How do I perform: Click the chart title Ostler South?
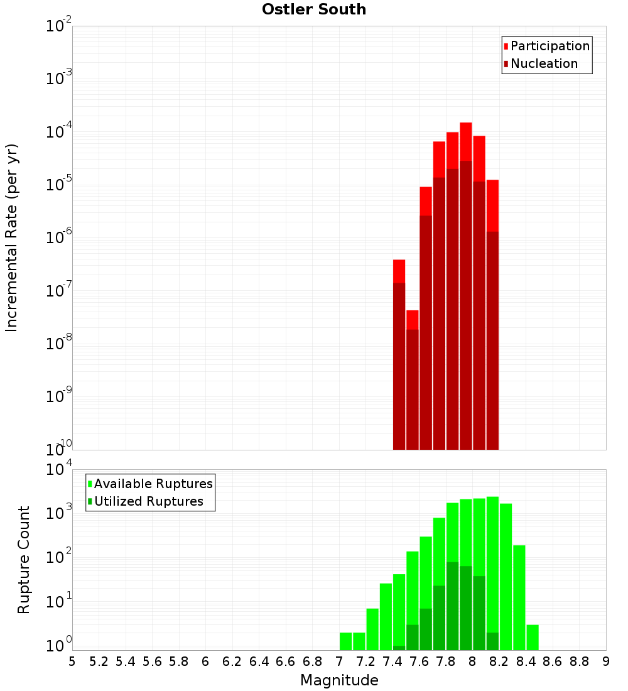pyautogui.click(x=314, y=9)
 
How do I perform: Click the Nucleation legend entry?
pyautogui.click(x=544, y=63)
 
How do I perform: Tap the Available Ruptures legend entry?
pyautogui.click(x=153, y=484)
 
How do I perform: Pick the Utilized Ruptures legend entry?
pyautogui.click(x=148, y=501)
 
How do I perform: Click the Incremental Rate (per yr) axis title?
pyautogui.click(x=12, y=237)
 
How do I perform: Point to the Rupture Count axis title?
pyautogui.click(x=24, y=560)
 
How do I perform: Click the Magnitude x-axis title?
pyautogui.click(x=339, y=680)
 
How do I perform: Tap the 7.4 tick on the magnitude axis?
pyautogui.click(x=392, y=661)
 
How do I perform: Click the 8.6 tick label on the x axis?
pyautogui.click(x=553, y=661)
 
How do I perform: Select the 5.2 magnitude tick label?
pyautogui.click(x=99, y=661)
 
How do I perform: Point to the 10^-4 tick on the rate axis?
pyautogui.click(x=59, y=132)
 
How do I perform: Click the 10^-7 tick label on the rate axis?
pyautogui.click(x=59, y=290)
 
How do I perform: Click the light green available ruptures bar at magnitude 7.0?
pyautogui.click(x=345, y=641)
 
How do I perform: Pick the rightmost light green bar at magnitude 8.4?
pyautogui.click(x=533, y=638)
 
